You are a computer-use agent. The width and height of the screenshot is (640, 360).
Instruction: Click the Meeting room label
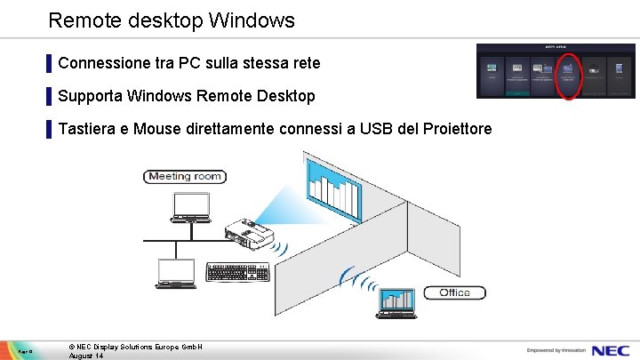point(185,176)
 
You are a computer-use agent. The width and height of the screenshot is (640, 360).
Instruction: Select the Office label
point(454,292)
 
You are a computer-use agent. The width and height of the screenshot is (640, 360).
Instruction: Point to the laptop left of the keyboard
point(177,274)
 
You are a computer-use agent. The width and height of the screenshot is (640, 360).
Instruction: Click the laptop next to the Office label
point(397,302)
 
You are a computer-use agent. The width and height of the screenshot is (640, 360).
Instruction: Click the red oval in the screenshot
point(568,76)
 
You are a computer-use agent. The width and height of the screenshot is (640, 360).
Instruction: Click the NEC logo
point(613,349)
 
